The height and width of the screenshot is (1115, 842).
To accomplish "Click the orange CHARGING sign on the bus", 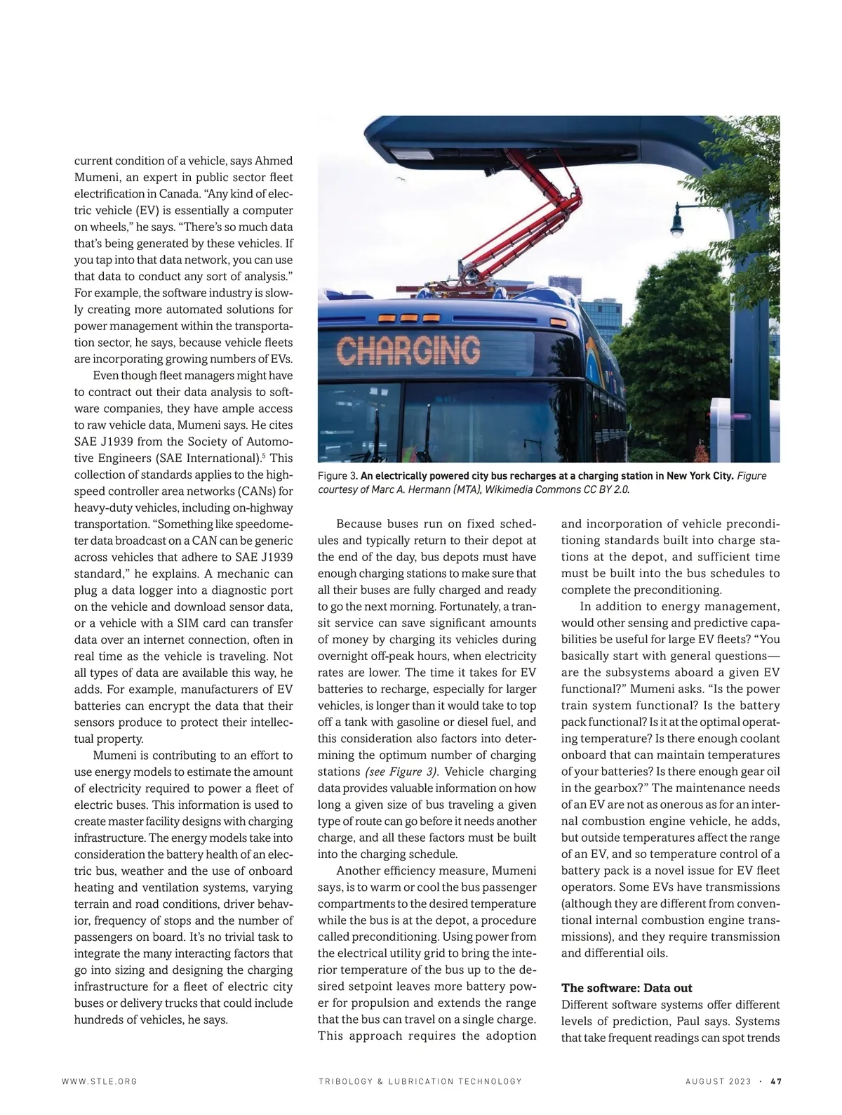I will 408,350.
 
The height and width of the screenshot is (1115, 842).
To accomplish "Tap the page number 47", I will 775,1081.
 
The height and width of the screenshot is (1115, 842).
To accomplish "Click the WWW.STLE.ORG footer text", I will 99,1081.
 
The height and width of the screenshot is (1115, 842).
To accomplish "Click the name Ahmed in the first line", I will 269,161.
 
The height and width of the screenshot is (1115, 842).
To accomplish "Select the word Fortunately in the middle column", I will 466,607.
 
